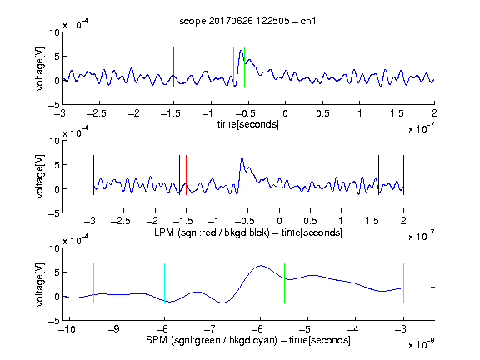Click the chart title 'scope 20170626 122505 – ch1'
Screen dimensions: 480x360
[x=247, y=21]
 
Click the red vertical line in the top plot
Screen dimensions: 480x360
[x=173, y=67]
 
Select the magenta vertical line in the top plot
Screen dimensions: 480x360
[x=397, y=67]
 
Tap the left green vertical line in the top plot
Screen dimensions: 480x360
[x=233, y=67]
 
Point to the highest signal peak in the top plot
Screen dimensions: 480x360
[x=241, y=51]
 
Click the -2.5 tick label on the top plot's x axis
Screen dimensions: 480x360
[x=97, y=113]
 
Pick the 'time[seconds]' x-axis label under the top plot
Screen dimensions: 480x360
[x=248, y=124]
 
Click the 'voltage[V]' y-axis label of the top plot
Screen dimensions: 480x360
[x=40, y=68]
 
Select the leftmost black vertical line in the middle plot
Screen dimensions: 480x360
[x=93, y=175]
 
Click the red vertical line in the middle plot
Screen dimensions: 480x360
[x=186, y=175]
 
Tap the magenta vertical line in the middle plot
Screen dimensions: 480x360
[x=372, y=175]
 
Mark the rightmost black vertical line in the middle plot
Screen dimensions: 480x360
[x=403, y=175]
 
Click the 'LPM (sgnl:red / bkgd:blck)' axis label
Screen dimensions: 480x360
[x=212, y=232]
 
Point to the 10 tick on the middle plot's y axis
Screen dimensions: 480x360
[x=54, y=141]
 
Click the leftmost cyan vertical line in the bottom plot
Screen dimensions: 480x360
[x=93, y=282]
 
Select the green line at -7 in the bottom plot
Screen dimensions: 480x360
[x=212, y=282]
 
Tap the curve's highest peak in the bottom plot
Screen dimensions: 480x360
[x=261, y=265]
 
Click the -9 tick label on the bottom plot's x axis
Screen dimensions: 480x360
[x=114, y=329]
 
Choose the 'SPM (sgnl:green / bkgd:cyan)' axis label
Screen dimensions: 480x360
[x=212, y=340]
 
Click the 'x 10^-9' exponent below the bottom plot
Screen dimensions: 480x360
[x=422, y=344]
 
